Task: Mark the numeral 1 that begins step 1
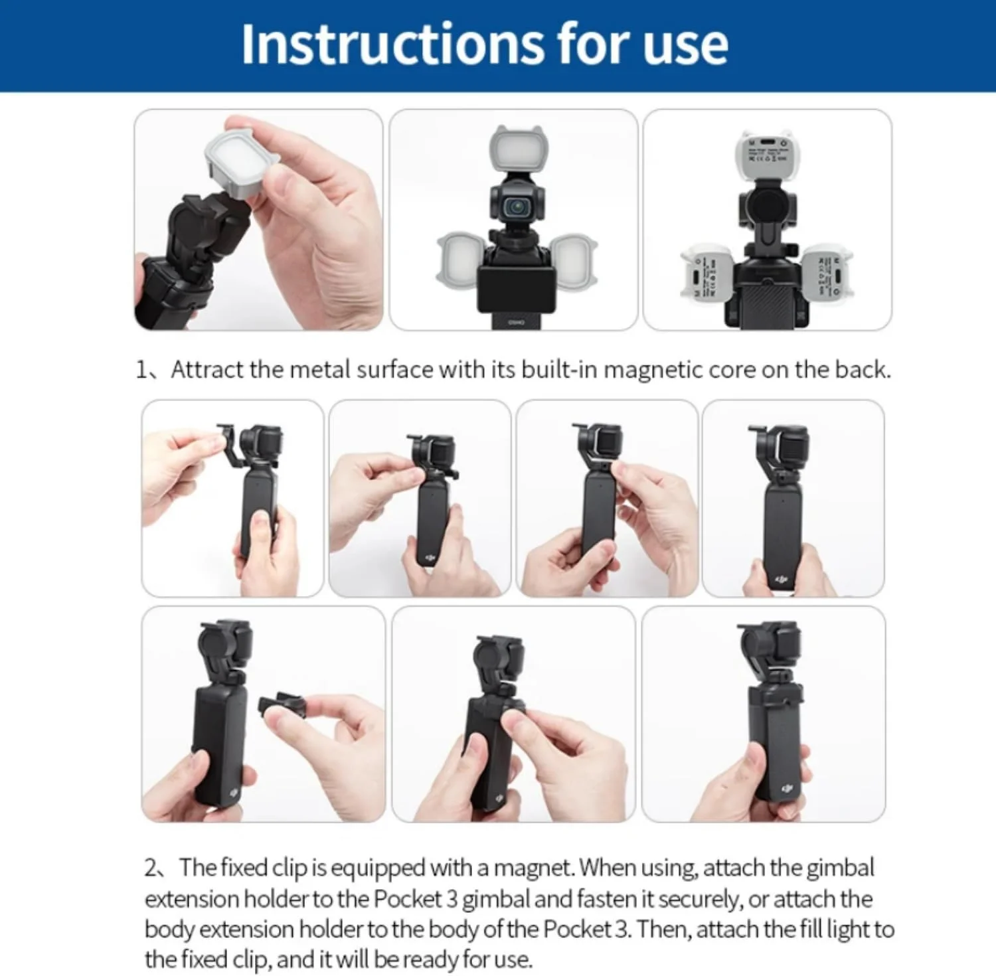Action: tap(141, 370)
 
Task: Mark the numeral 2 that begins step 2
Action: tap(151, 868)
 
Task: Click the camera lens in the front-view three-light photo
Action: tap(516, 207)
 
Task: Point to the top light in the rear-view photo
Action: tap(767, 154)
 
